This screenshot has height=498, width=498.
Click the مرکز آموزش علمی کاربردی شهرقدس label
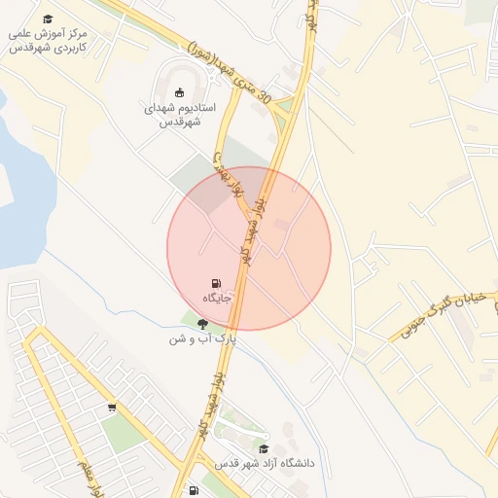pyautogui.click(x=49, y=40)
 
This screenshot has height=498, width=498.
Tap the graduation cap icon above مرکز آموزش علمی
pyautogui.click(x=49, y=18)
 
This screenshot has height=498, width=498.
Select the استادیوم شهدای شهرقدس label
pyautogui.click(x=180, y=115)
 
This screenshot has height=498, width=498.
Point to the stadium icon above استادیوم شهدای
pyautogui.click(x=180, y=93)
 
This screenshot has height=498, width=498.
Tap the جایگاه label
pyautogui.click(x=216, y=297)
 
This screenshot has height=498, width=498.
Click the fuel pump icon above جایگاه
pyautogui.click(x=216, y=281)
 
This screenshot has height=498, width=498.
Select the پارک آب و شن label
pyautogui.click(x=203, y=338)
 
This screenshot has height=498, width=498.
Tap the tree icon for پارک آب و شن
pyautogui.click(x=203, y=323)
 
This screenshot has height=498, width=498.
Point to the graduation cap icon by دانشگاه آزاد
pyautogui.click(x=265, y=448)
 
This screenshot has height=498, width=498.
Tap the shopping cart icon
pyautogui.click(x=112, y=408)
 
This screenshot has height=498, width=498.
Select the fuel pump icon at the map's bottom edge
pyautogui.click(x=194, y=490)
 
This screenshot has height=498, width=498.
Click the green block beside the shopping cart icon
pyautogui.click(x=122, y=433)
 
